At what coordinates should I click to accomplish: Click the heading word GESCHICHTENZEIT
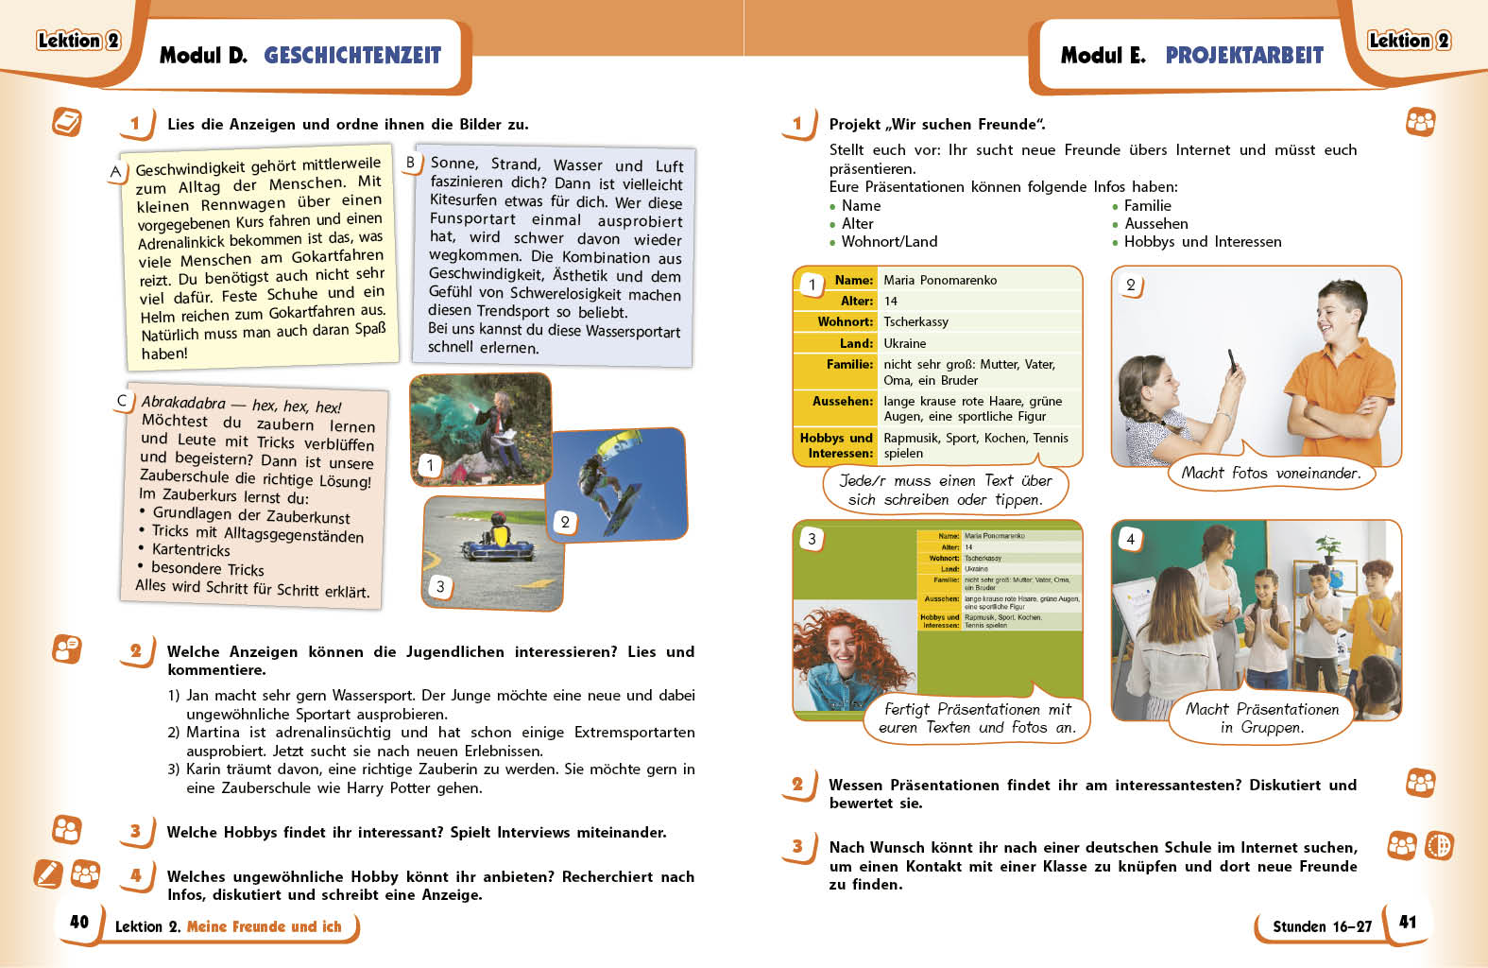pos(352,56)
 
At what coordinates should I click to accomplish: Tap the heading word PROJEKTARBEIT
pos(1244,56)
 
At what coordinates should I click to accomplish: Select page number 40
pos(79,922)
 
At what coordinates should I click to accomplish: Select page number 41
pos(1408,922)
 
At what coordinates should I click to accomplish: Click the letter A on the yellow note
pos(115,172)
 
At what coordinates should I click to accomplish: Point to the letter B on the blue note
pos(411,163)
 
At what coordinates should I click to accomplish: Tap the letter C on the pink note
pos(122,401)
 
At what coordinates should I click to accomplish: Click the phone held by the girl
pos(1232,360)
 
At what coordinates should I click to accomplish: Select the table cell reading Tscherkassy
pos(915,322)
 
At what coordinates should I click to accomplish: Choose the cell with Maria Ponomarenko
pos(939,281)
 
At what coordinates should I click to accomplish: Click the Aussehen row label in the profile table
pos(842,402)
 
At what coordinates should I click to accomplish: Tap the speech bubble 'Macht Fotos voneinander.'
pos(1271,474)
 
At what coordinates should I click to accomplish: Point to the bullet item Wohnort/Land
pos(889,242)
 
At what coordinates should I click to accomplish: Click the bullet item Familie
pos(1147,206)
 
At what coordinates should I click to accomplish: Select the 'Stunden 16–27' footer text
pos(1322,926)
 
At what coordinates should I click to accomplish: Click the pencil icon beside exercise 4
pos(47,873)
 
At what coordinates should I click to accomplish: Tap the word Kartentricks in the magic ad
pos(191,550)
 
